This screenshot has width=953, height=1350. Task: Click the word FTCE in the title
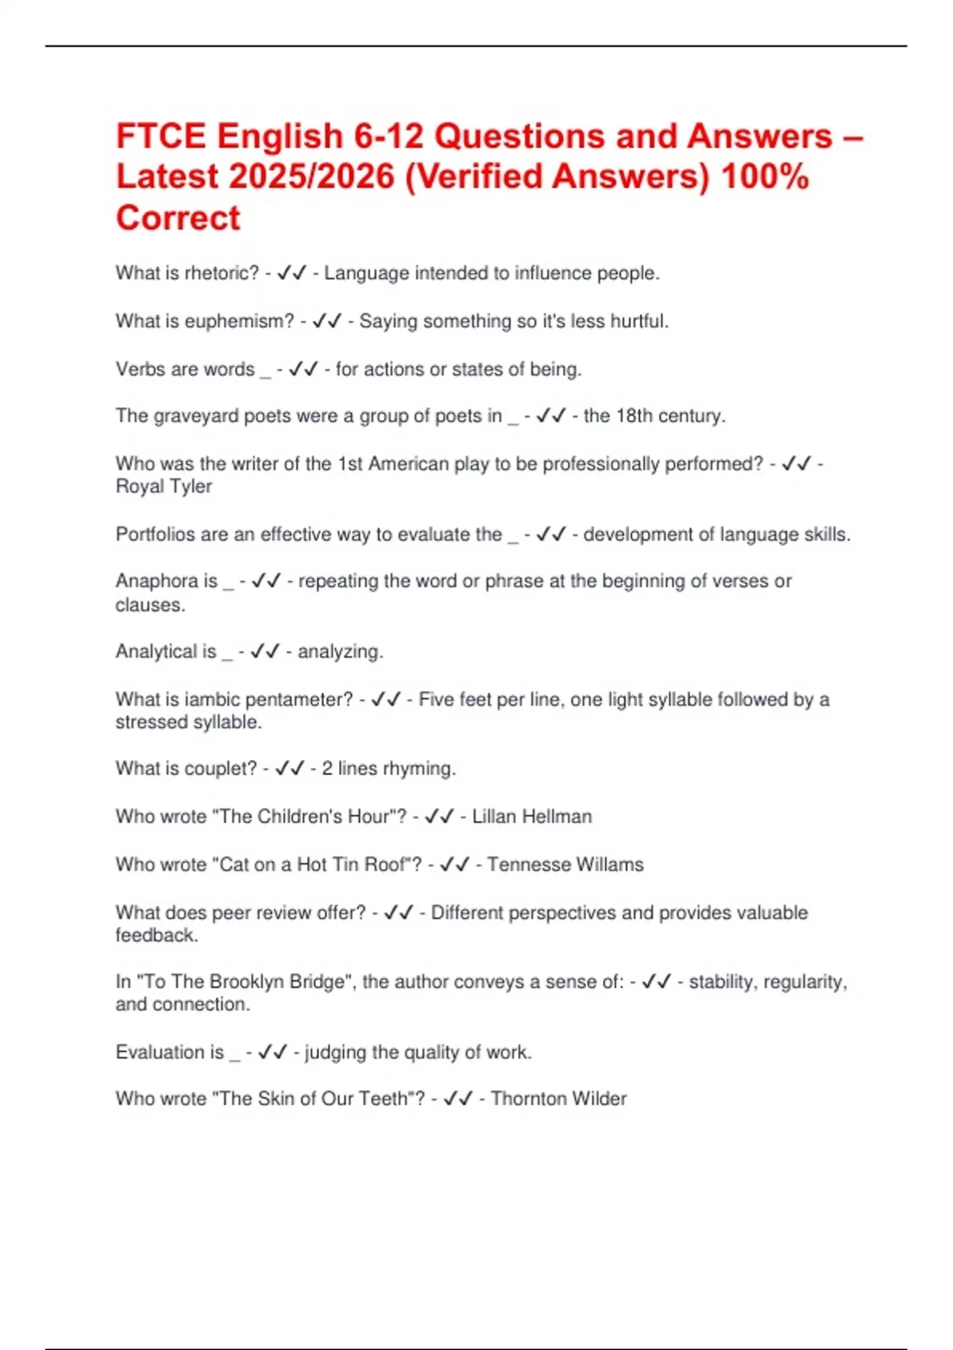tap(160, 137)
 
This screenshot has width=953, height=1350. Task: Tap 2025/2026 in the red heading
tap(311, 177)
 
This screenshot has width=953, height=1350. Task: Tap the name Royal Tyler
tap(164, 486)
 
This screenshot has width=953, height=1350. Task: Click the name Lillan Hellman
tap(532, 816)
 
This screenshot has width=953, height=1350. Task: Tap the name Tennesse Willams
tap(565, 864)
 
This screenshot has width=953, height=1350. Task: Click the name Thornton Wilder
tap(558, 1099)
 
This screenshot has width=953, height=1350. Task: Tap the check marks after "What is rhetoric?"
tap(291, 273)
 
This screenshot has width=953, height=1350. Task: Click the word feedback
tap(156, 935)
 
